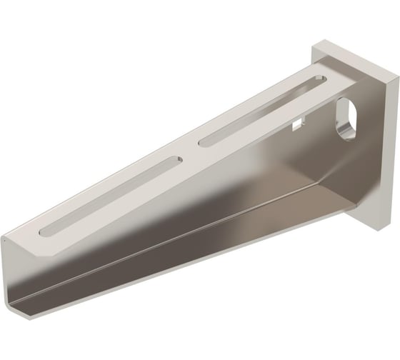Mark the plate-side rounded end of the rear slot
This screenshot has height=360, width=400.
316,77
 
